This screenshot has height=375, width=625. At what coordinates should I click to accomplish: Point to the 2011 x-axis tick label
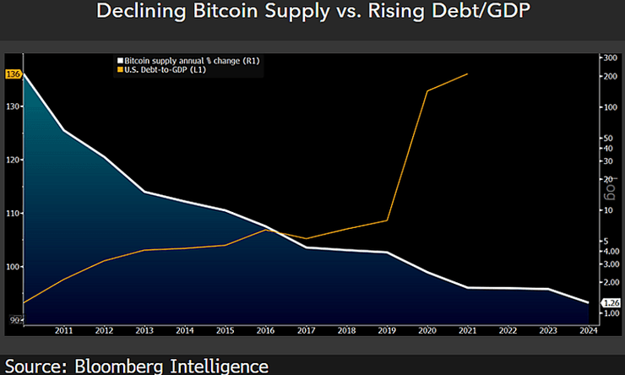(63, 330)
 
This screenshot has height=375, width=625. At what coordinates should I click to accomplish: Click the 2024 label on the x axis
(589, 330)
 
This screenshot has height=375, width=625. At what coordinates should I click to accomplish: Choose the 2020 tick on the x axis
(427, 330)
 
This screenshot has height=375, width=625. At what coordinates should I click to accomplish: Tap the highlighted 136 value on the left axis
(13, 73)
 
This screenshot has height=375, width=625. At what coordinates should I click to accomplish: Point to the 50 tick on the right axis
(609, 138)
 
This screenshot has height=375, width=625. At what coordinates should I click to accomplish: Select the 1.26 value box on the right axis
(611, 302)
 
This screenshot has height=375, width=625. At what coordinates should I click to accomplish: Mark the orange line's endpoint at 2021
(467, 74)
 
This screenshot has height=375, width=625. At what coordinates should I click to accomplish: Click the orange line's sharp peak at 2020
(427, 90)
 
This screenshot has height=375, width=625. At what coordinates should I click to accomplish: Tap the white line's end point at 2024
(588, 302)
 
